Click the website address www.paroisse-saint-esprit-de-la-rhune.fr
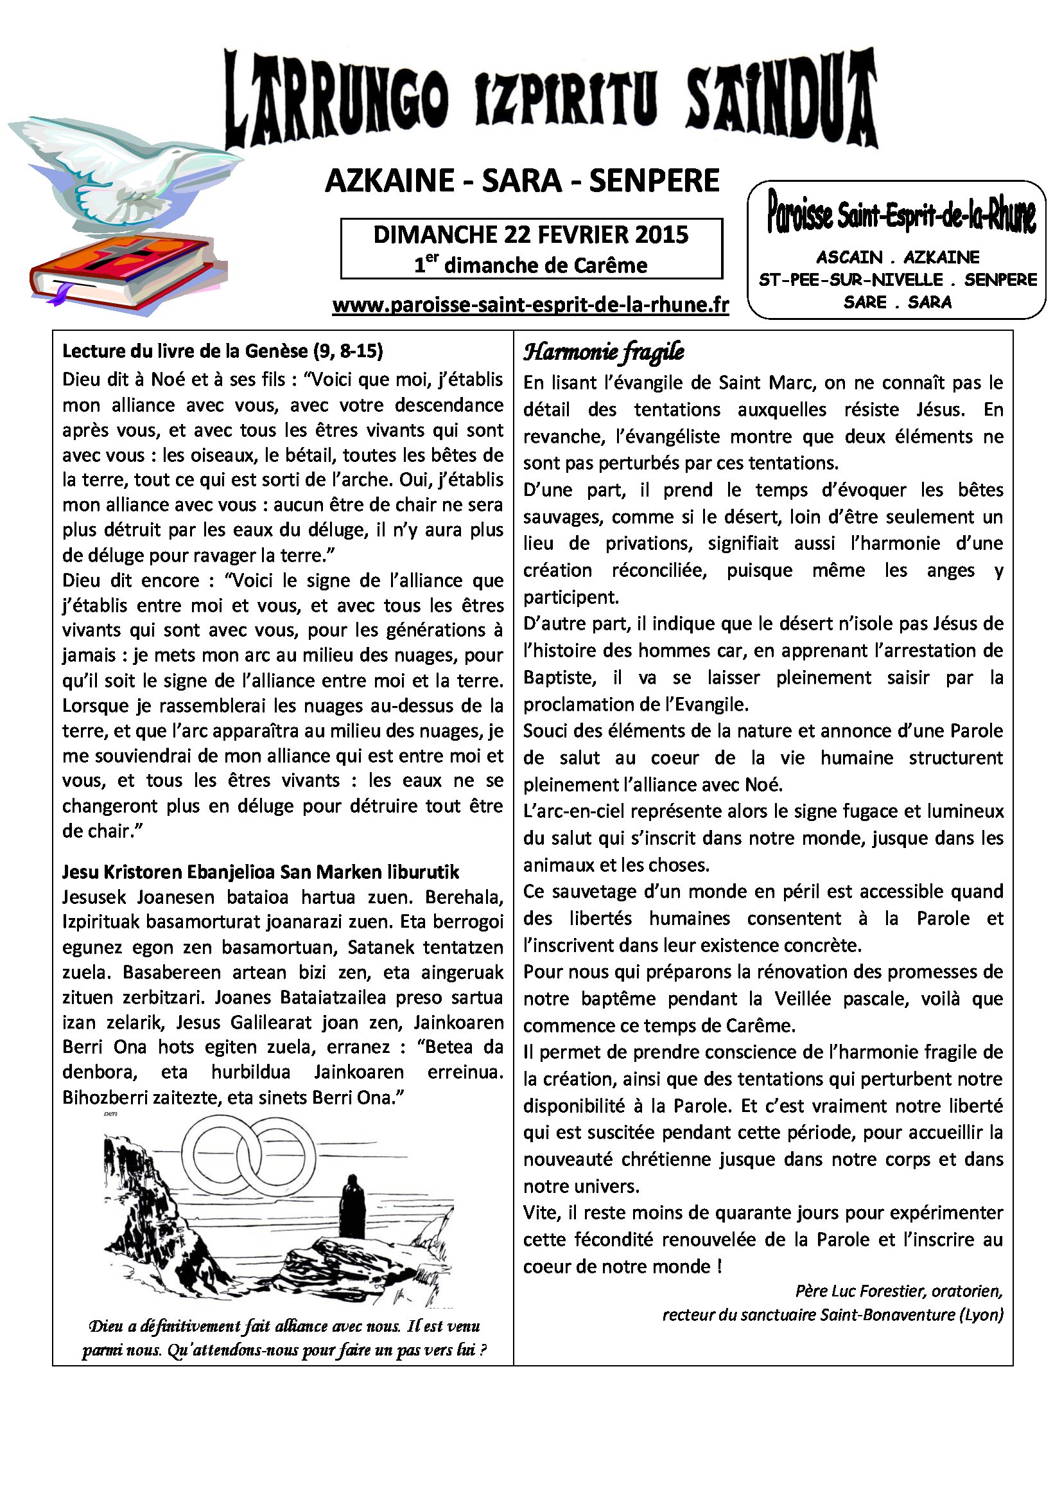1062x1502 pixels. (x=530, y=305)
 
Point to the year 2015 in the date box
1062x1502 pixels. (x=661, y=235)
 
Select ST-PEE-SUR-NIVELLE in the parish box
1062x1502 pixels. (x=850, y=280)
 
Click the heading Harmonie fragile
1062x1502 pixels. (x=603, y=352)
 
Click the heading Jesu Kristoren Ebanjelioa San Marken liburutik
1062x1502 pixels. (x=260, y=872)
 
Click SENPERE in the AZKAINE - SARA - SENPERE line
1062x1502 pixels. (x=654, y=181)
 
